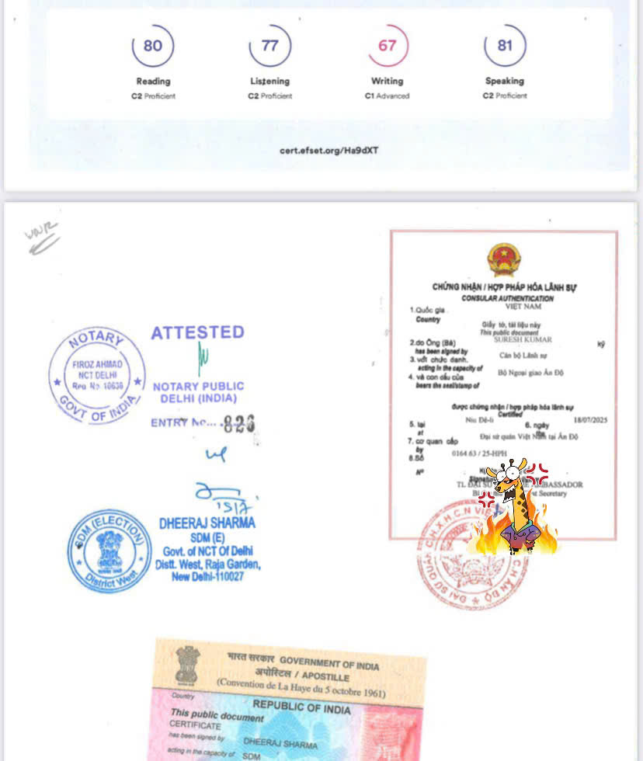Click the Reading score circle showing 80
pyautogui.click(x=153, y=46)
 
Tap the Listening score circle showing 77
pyautogui.click(x=269, y=46)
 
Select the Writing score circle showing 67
pyautogui.click(x=388, y=46)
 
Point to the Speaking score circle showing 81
pyautogui.click(x=505, y=46)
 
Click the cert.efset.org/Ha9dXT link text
pyautogui.click(x=329, y=150)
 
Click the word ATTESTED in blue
pyautogui.click(x=197, y=332)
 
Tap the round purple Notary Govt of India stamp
pyautogui.click(x=97, y=376)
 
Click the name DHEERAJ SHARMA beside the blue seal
pyautogui.click(x=207, y=523)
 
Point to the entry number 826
pyautogui.click(x=238, y=423)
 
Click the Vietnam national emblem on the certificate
pyautogui.click(x=504, y=259)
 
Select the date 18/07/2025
pyautogui.click(x=590, y=419)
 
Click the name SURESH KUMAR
pyautogui.click(x=528, y=339)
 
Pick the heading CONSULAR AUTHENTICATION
pyautogui.click(x=507, y=298)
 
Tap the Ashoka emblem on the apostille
pyautogui.click(x=187, y=665)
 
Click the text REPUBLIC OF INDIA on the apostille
pyautogui.click(x=301, y=708)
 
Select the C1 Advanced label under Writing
pyautogui.click(x=387, y=96)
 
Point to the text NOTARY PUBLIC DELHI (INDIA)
pyautogui.click(x=198, y=392)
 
